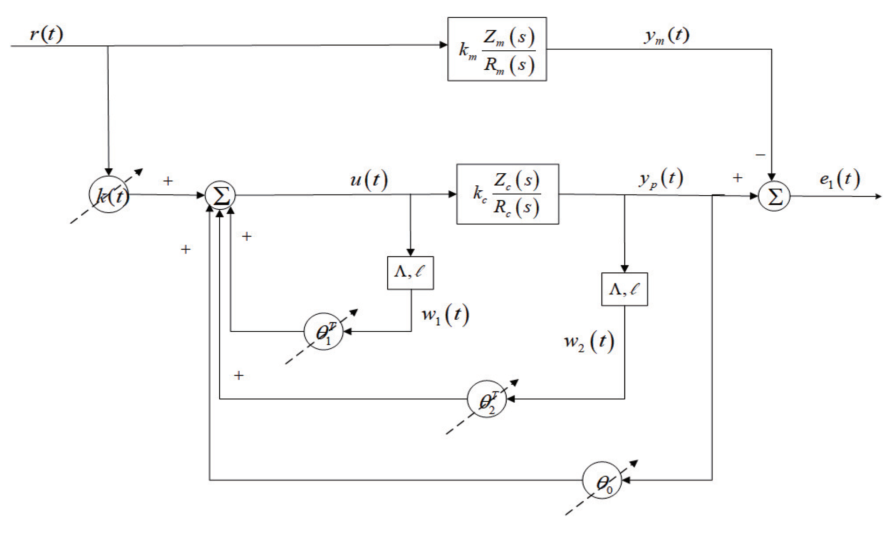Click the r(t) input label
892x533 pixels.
(x=47, y=33)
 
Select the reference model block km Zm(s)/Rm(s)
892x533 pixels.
(x=497, y=49)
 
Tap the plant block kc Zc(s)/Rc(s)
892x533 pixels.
(x=507, y=194)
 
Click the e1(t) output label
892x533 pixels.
(x=839, y=179)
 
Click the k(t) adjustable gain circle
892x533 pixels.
(x=109, y=195)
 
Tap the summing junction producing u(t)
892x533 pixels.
(x=220, y=195)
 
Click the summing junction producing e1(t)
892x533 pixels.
(x=774, y=196)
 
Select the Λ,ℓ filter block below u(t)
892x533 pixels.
(x=410, y=273)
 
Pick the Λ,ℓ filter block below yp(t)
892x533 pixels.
(x=624, y=289)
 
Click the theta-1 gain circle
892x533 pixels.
(x=323, y=331)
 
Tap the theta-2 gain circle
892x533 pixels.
(x=486, y=399)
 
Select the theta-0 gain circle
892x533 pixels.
(x=602, y=481)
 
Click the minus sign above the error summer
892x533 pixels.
(x=760, y=155)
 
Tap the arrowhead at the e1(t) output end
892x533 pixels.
(x=878, y=197)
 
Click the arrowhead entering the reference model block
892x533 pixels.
(x=444, y=45)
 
